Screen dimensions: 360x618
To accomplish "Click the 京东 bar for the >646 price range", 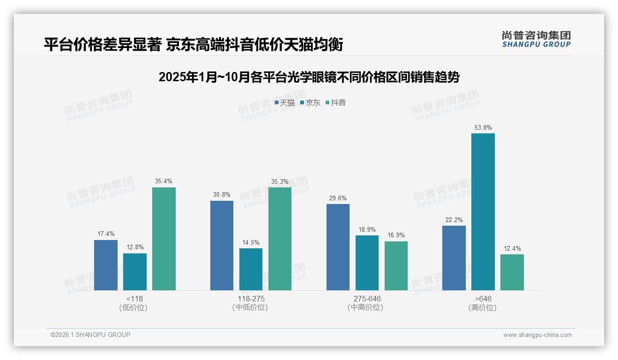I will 483,212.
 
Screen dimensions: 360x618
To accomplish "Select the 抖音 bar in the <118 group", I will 164,239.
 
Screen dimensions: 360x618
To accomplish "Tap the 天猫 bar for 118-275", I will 222,246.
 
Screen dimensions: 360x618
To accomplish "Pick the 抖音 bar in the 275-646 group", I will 396,266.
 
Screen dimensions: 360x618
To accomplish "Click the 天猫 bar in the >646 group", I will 454,258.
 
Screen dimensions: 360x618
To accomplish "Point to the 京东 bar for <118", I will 135,272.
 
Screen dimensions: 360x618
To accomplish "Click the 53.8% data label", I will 483,127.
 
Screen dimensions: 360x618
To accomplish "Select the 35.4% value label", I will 164,181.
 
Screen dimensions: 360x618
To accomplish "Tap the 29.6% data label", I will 338,198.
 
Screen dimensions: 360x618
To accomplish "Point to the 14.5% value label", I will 251,242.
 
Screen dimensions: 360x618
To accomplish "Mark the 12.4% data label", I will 512,248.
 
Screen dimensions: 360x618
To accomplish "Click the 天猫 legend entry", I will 285,103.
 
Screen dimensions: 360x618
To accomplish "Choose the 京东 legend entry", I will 310,103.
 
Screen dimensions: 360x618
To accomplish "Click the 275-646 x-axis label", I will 367,299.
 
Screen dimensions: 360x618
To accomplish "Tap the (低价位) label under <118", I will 133,307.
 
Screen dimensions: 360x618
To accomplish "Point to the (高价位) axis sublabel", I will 482,307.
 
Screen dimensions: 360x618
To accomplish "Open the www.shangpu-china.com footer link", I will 537,335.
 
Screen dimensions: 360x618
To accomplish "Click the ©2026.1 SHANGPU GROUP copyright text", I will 90,335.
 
